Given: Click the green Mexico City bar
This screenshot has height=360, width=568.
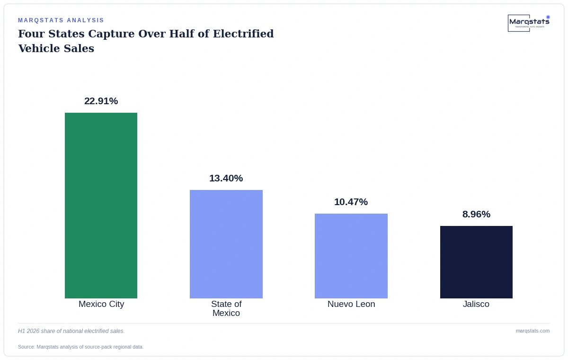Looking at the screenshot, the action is [x=101, y=206].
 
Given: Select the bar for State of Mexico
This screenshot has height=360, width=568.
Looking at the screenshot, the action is [x=226, y=244].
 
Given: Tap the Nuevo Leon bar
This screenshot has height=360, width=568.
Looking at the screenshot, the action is [x=351, y=256].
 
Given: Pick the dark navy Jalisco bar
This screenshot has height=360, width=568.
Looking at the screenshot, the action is [x=476, y=262].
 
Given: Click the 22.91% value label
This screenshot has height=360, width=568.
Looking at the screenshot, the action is [x=101, y=101].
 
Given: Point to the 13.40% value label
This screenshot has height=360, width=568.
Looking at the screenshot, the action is [x=226, y=178].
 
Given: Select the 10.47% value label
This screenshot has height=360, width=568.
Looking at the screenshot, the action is [x=351, y=202].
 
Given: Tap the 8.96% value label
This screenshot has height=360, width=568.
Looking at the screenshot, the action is [x=476, y=214].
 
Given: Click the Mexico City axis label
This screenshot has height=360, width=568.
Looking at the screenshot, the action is [x=101, y=304].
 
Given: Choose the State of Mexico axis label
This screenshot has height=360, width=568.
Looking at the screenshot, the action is [x=226, y=308].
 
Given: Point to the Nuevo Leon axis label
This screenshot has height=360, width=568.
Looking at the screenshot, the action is [x=351, y=304].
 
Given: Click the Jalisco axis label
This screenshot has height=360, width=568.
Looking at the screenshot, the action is [x=476, y=304].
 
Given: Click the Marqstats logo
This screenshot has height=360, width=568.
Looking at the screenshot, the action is [x=529, y=23].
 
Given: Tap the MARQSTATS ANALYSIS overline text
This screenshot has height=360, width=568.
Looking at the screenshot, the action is [x=61, y=20].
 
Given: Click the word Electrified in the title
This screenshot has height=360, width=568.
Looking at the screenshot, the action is [x=243, y=34].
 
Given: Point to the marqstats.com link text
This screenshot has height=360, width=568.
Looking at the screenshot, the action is [x=533, y=331].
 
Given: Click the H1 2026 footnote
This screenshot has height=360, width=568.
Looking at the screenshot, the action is [x=71, y=331].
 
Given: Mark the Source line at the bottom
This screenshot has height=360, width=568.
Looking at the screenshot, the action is [x=80, y=347].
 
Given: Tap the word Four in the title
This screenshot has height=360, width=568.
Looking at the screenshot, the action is [x=31, y=34].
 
